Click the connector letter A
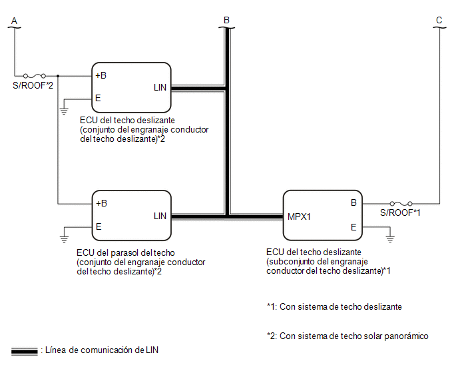[x=14, y=21]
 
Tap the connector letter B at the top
[x=226, y=20]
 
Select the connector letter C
[x=439, y=20]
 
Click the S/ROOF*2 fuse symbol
[x=35, y=76]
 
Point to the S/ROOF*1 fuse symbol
[x=401, y=203]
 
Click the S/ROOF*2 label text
[x=33, y=85]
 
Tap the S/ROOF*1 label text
[x=400, y=212]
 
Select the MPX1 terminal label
[x=299, y=216]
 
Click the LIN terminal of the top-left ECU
[x=160, y=87]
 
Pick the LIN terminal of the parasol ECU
[x=160, y=216]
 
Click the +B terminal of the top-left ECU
[x=101, y=75]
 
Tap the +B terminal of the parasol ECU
[x=101, y=203]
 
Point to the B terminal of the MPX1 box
[x=353, y=202]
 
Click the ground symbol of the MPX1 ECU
[x=390, y=238]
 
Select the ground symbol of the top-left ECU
[x=64, y=111]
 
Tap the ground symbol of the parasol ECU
[x=64, y=239]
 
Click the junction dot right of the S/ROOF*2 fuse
[x=58, y=76]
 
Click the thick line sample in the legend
[x=25, y=351]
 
